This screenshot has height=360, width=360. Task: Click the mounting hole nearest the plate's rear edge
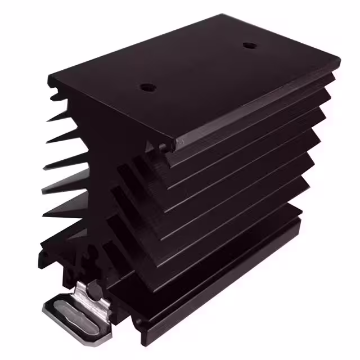[249, 45]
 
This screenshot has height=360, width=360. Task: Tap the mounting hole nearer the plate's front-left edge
[147, 88]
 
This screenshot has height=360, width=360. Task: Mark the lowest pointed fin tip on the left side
[43, 215]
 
